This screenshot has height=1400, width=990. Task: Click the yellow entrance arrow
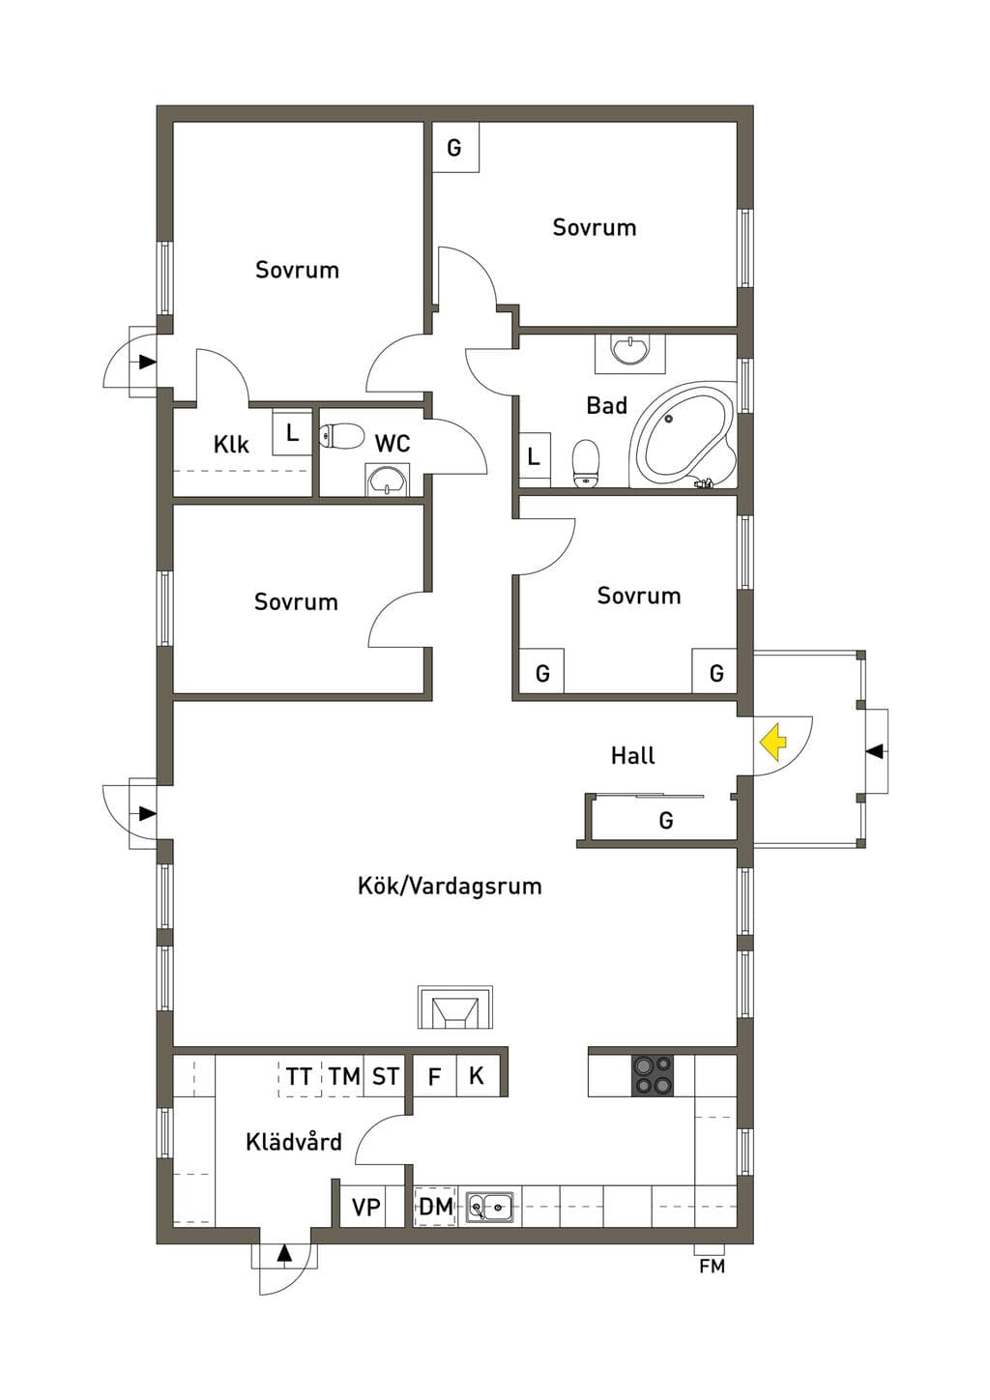773,743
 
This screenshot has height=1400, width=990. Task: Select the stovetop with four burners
654,1075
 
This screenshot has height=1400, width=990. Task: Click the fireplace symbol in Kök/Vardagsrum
455,1007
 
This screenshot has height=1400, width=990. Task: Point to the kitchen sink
490,1206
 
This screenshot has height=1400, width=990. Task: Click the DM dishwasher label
436,1207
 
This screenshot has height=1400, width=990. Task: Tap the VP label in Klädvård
365,1207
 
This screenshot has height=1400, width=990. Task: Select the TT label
299,1076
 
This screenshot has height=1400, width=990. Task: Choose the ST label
385,1076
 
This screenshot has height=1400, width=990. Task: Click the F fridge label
434,1076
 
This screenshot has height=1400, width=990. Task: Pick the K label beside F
477,1076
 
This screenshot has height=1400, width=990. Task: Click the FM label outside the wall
712,1267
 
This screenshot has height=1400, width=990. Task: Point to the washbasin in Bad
630,351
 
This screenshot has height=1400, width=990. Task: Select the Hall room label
632,756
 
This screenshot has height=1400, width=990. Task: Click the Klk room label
231,445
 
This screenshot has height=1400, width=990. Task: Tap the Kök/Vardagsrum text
450,886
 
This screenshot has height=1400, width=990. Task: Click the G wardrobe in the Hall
665,819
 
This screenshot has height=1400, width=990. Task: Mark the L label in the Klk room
293,432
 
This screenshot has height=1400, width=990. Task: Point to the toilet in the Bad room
586,462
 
